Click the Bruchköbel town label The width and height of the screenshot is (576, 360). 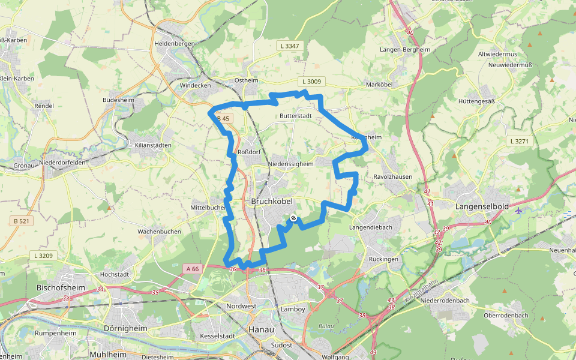click(272, 202)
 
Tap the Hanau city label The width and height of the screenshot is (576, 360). click(261, 329)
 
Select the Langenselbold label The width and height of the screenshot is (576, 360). click(482, 206)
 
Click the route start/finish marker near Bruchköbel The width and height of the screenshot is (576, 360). click(293, 218)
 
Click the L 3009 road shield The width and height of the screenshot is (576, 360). click(311, 81)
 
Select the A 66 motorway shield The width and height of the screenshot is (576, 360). click(192, 269)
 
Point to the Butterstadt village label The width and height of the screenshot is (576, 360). click(296, 115)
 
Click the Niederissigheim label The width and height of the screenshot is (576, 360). click(290, 163)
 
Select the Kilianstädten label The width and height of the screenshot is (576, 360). click(154, 145)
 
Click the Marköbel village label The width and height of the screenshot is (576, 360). click(379, 85)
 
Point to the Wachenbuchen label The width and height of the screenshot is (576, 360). click(159, 231)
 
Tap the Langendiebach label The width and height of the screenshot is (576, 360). click(371, 227)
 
